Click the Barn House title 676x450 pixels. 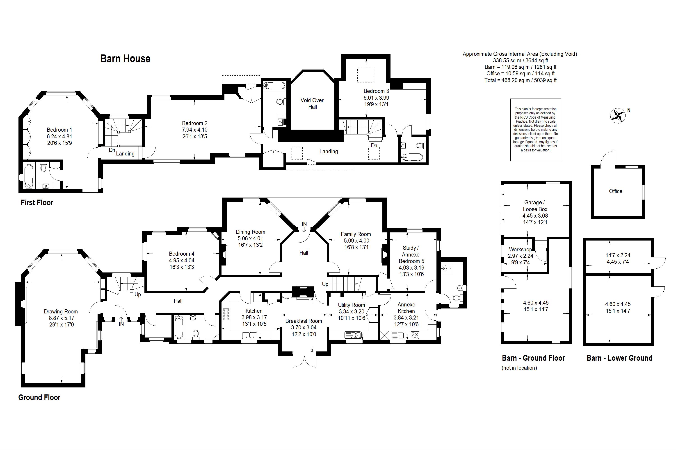click(125, 58)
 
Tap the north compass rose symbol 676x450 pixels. click(618, 116)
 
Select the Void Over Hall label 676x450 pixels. click(312, 103)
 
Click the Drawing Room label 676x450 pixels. click(61, 311)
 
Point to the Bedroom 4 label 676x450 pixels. click(181, 254)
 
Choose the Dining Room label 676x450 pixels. click(250, 232)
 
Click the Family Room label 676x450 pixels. click(356, 234)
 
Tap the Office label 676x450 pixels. click(615, 191)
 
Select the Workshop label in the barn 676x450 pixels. click(520, 249)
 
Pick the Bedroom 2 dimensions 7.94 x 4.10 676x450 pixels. click(195, 130)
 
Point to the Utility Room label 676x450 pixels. click(351, 305)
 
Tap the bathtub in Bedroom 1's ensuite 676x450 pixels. click(28, 176)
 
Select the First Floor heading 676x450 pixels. click(37, 203)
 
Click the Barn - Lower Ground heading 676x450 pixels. click(619, 358)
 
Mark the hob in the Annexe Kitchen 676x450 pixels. click(415, 335)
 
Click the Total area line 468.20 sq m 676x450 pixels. click(521, 80)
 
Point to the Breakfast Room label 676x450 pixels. click(304, 321)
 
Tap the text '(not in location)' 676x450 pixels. click(519, 368)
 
